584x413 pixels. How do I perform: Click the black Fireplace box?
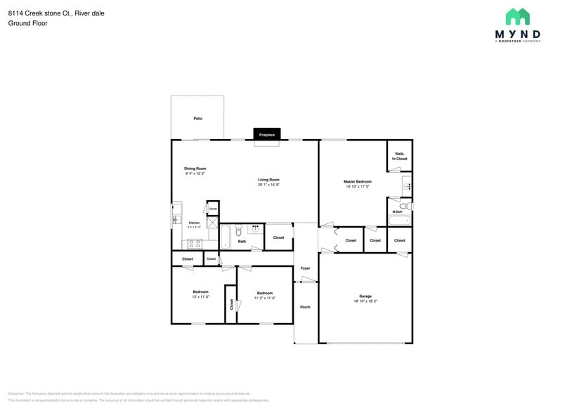pyautogui.click(x=266, y=134)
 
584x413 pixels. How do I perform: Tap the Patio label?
pyautogui.click(x=198, y=119)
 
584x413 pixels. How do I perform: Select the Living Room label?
pyautogui.click(x=268, y=180)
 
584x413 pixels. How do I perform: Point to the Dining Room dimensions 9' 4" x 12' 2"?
pyautogui.click(x=195, y=173)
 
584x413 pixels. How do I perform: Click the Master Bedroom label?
pyautogui.click(x=357, y=182)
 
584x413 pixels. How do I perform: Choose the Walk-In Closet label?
pyautogui.click(x=399, y=156)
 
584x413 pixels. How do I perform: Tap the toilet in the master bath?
pyautogui.click(x=405, y=206)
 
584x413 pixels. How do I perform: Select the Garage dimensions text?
pyautogui.click(x=365, y=301)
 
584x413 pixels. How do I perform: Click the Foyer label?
pyautogui.click(x=305, y=268)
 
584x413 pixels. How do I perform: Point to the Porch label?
pyautogui.click(x=305, y=307)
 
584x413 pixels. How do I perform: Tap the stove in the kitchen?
pyautogui.click(x=194, y=243)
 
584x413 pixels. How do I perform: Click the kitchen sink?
pyautogui.click(x=176, y=220)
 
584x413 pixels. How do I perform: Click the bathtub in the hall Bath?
pyautogui.click(x=226, y=237)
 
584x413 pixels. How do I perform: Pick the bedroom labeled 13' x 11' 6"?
pyautogui.click(x=200, y=294)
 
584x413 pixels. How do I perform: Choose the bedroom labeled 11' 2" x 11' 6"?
pyautogui.click(x=264, y=295)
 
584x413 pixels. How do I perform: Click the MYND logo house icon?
pyautogui.click(x=517, y=17)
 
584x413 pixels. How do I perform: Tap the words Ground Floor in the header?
pyautogui.click(x=25, y=23)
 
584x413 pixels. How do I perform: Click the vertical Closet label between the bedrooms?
pyautogui.click(x=231, y=304)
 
